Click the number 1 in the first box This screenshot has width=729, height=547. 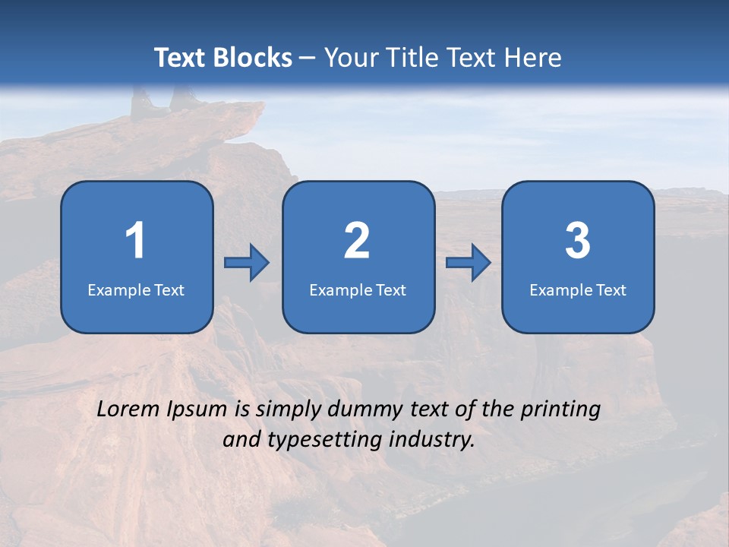(136, 241)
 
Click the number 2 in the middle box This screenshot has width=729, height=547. (357, 241)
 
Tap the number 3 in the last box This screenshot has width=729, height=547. (578, 241)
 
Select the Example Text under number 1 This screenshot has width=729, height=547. (136, 289)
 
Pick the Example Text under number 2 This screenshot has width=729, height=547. (358, 289)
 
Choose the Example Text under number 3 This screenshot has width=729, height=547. (578, 289)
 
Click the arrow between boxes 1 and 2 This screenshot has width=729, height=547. (247, 263)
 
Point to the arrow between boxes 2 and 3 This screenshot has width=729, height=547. (469, 263)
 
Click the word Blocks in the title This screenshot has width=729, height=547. (254, 58)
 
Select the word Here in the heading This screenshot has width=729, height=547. (535, 58)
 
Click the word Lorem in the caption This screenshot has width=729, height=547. (128, 409)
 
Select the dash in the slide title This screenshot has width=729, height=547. (308, 58)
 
